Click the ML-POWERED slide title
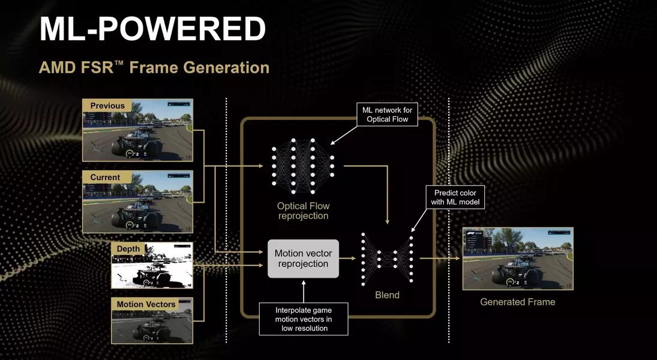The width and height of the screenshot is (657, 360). tap(152, 29)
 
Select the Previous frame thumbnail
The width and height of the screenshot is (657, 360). tap(137, 130)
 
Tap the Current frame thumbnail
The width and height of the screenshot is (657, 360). tap(137, 202)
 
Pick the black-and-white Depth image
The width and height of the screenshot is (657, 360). tap(152, 265)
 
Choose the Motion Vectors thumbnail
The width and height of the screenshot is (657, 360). tap(152, 320)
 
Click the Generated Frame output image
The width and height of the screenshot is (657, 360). tap(518, 259)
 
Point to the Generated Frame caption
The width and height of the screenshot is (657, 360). tap(517, 302)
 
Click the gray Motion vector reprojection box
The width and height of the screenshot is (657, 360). tap(304, 259)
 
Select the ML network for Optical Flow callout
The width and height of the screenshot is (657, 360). tap(387, 115)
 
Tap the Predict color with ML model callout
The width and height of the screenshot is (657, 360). tap(455, 197)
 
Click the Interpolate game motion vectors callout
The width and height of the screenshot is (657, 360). tap(304, 319)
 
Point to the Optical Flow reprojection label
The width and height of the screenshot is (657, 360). tap(304, 211)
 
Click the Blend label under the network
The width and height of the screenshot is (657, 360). tap(387, 295)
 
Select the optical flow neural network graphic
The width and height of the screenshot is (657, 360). tap(303, 166)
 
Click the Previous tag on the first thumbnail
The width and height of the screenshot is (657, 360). tap(107, 106)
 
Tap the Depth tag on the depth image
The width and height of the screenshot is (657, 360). tap(128, 248)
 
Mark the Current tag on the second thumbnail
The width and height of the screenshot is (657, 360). tap(105, 177)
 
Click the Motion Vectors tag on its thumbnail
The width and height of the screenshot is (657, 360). tap(146, 304)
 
